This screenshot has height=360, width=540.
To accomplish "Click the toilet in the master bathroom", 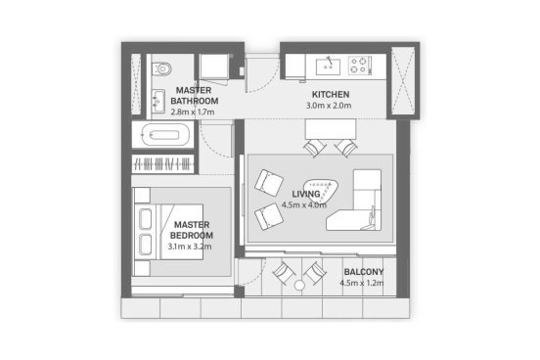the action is [x=161, y=68].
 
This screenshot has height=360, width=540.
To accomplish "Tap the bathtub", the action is [x=165, y=135].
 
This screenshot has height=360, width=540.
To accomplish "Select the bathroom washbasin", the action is [x=158, y=101].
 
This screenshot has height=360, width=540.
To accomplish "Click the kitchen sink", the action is [x=328, y=67].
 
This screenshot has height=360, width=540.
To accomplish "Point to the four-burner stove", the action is [x=358, y=66].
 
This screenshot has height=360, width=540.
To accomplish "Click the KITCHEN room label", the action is [x=331, y=94].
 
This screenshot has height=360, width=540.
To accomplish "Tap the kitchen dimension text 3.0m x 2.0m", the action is [x=329, y=106].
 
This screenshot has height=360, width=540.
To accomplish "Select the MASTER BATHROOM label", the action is [x=195, y=96].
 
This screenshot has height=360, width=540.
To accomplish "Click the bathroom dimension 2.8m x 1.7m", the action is [x=193, y=112].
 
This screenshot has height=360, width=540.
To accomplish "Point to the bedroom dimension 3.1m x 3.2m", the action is [x=190, y=247].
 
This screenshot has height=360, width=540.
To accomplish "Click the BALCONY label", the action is [x=364, y=272].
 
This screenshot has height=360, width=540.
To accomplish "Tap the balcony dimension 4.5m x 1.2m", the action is [x=362, y=283].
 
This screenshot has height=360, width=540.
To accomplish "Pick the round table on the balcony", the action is [x=299, y=286].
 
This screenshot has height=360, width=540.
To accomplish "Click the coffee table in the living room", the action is [x=321, y=192].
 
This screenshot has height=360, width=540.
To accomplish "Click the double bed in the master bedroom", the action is [x=168, y=232].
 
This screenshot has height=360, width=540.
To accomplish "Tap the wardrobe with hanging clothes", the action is [x=163, y=163].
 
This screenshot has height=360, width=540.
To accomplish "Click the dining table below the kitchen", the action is [x=331, y=129].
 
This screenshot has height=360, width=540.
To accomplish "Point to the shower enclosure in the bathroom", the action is [x=214, y=67].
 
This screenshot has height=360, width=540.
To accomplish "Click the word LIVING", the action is [x=306, y=194].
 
